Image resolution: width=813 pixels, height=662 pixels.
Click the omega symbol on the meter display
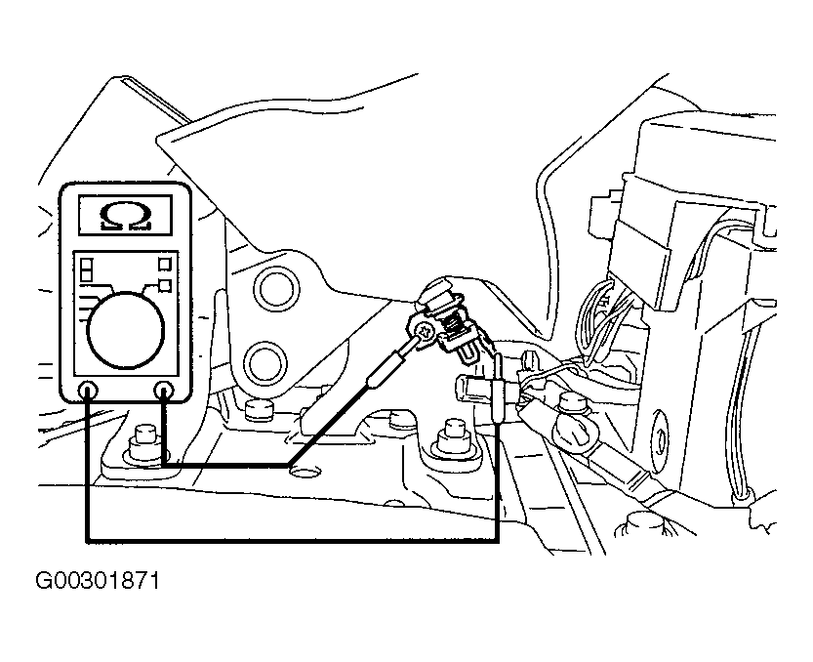[x=126, y=216]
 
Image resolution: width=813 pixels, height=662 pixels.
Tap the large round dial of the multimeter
[x=126, y=330]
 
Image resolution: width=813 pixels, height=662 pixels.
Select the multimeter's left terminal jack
[x=88, y=390]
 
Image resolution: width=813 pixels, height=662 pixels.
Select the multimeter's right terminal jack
[x=164, y=390]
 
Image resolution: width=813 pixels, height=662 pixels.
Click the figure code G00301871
[x=98, y=581]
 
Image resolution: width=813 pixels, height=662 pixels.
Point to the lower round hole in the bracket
[x=267, y=363]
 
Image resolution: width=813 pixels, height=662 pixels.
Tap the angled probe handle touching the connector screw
[x=386, y=368]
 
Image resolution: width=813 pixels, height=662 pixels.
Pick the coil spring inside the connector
[x=455, y=327]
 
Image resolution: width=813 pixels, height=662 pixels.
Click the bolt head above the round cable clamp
[x=572, y=403]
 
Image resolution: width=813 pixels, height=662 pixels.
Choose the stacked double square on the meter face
[x=87, y=269]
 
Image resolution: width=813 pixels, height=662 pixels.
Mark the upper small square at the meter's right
[x=164, y=264]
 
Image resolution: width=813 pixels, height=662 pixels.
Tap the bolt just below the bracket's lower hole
[x=259, y=410]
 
